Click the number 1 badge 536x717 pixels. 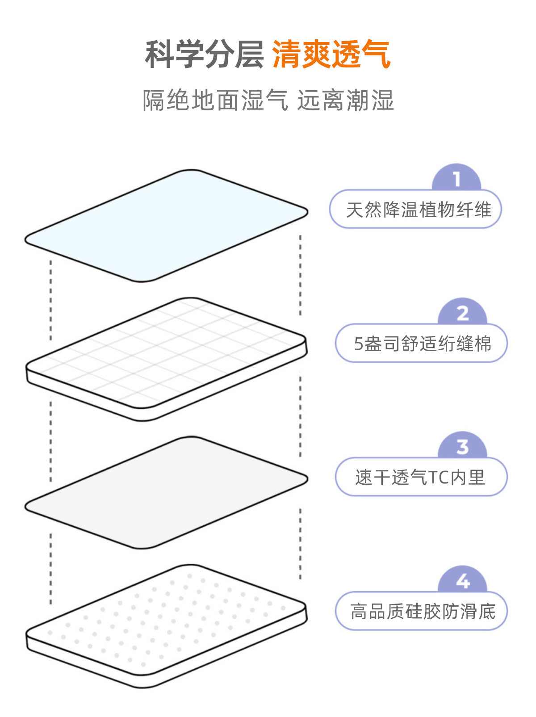(456, 179)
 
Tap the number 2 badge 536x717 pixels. (462, 313)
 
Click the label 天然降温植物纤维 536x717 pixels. (419, 210)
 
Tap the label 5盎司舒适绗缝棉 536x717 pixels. (422, 344)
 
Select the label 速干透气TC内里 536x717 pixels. (420, 478)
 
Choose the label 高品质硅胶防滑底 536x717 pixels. (423, 612)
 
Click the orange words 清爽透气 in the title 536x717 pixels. (331, 55)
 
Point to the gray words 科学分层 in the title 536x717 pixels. (204, 55)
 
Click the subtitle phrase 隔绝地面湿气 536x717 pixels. (215, 100)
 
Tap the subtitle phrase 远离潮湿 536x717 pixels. (345, 100)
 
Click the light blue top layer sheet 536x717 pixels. (166, 226)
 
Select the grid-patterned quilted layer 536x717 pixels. (166, 355)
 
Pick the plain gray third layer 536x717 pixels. (166, 491)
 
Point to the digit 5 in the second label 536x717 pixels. (358, 344)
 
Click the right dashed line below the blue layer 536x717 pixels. (300, 275)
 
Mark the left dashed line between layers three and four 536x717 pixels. (50, 567)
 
